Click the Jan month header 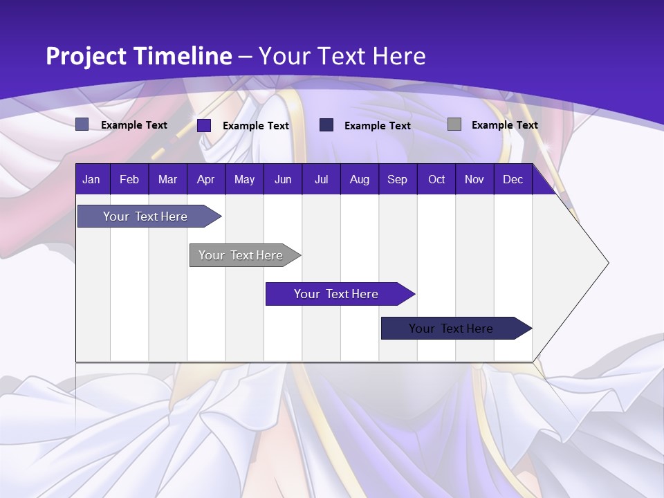pos(91,179)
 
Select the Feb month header pos(129,179)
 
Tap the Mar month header pos(167,179)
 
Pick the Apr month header pos(205,179)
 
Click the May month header pos(244,179)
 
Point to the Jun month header pos(283,179)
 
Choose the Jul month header pos(321,179)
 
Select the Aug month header pos(360,179)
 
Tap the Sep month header pos(397,179)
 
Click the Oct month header pos(436,179)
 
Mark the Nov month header pos(474,179)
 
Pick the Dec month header pos(513,179)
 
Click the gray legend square pos(454,124)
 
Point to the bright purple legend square pos(204,125)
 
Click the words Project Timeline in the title pos(138,56)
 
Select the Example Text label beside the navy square pos(377,125)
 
